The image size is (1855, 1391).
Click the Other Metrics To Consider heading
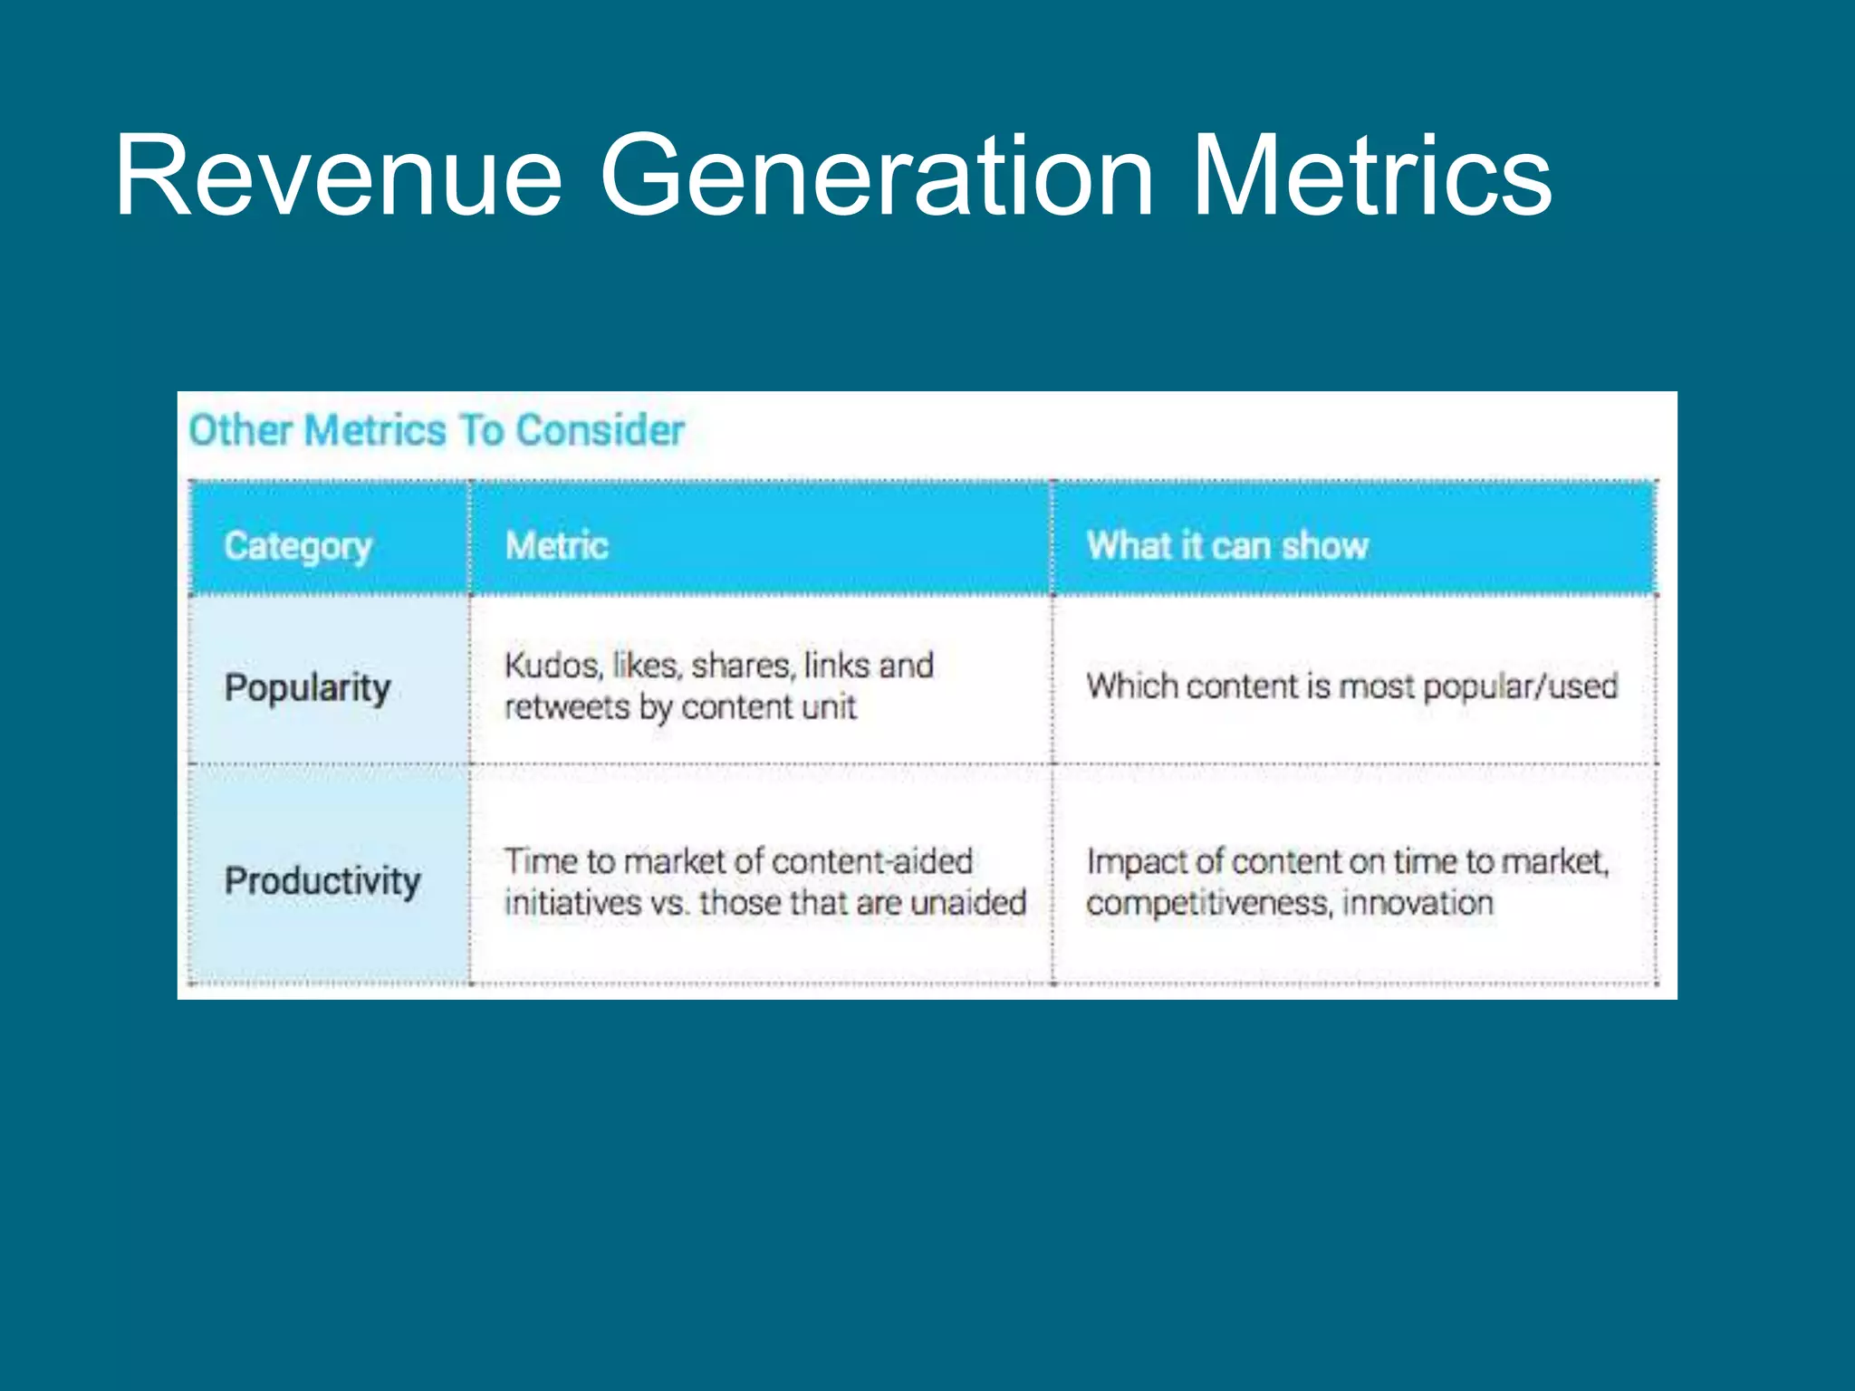pos(436,430)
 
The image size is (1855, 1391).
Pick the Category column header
pos(298,546)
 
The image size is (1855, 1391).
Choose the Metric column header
pos(556,546)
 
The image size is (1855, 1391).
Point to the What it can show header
pos(1227,546)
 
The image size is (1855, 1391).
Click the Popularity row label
pos(307,687)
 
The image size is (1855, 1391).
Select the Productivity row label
pos(322,881)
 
